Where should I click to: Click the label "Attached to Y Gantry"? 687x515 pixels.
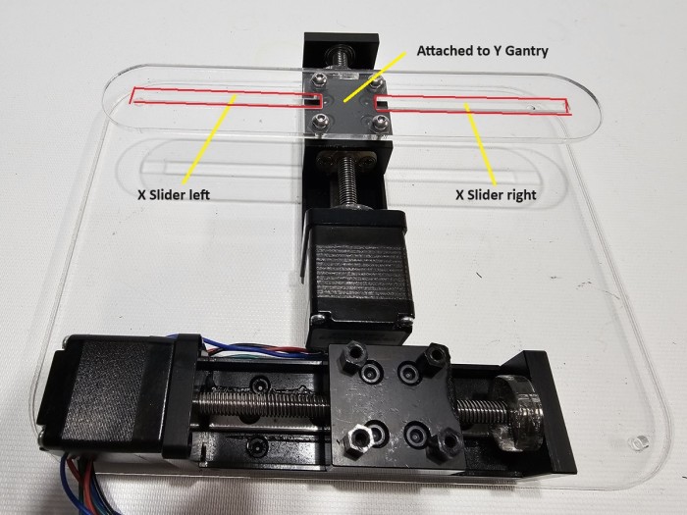(x=483, y=51)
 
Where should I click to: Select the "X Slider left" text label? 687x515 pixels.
(x=174, y=194)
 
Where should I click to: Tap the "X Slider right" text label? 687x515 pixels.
(x=496, y=194)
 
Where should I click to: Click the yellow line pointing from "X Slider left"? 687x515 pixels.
(x=209, y=139)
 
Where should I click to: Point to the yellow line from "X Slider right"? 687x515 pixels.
(x=480, y=144)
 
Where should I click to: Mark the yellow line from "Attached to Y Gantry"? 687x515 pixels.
(x=375, y=77)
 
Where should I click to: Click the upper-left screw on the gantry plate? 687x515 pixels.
(x=318, y=80)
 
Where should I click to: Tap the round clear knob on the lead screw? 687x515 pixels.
(x=513, y=413)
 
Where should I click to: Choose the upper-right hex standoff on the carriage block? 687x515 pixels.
(x=433, y=355)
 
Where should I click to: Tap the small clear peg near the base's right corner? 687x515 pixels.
(x=638, y=442)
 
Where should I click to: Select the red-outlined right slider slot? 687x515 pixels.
(x=473, y=105)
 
